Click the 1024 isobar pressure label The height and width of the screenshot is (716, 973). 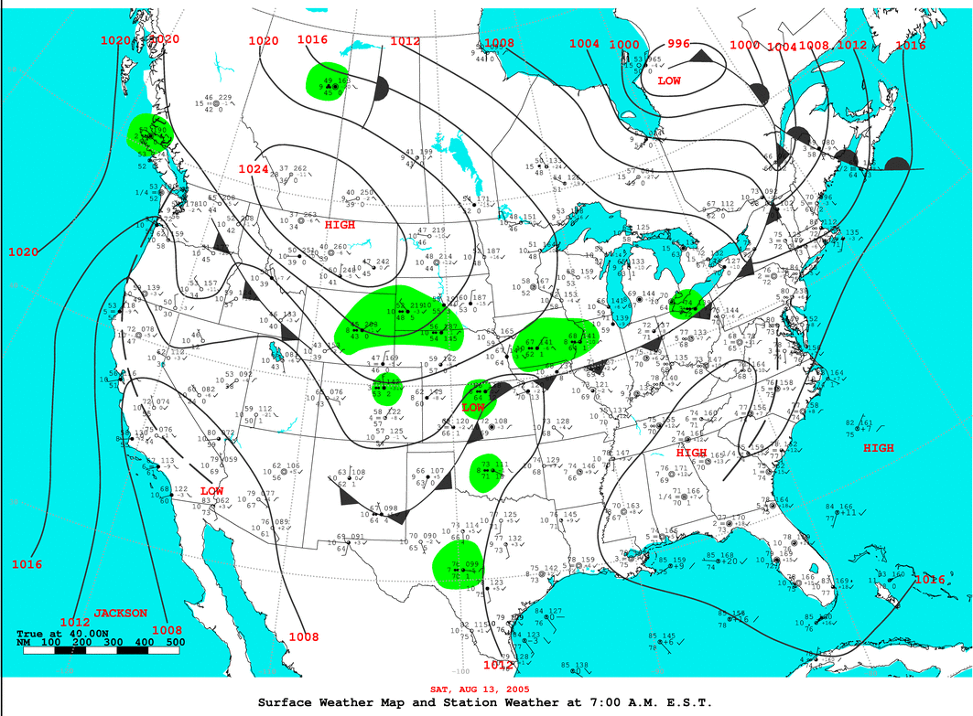(x=254, y=169)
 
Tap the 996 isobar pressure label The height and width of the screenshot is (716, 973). (x=678, y=44)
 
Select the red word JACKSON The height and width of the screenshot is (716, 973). (x=120, y=613)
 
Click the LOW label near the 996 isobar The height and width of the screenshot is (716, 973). (x=669, y=80)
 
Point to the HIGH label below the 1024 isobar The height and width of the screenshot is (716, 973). (x=340, y=224)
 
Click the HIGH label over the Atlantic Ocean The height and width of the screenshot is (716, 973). (x=878, y=448)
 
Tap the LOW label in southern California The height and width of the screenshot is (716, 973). (x=211, y=491)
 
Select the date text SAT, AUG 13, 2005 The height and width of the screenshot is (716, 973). (x=480, y=688)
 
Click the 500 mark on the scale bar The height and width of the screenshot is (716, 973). (x=174, y=643)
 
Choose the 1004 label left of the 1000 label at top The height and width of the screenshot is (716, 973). (x=584, y=44)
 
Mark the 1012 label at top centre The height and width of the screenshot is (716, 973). (x=405, y=41)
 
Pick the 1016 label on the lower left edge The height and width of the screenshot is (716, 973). (x=27, y=564)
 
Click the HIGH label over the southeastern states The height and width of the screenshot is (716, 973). (x=691, y=453)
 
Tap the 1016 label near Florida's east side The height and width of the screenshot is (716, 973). (x=929, y=580)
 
